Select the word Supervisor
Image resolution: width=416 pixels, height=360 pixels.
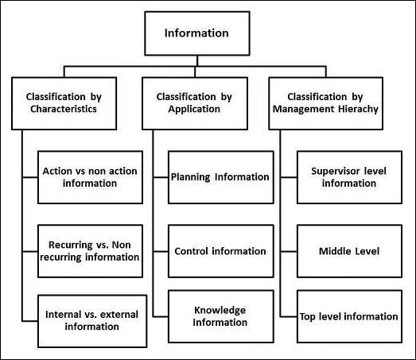(335, 170)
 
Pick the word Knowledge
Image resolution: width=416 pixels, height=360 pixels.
(220, 309)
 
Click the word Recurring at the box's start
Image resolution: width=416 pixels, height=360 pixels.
(68, 244)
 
